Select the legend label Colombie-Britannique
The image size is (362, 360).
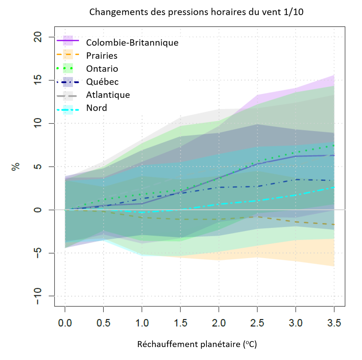[132, 43]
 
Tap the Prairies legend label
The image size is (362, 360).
[102, 55]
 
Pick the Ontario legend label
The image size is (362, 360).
[102, 69]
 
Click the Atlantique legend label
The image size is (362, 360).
[108, 95]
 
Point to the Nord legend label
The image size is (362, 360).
[97, 108]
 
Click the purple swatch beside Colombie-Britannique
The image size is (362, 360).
[68, 40]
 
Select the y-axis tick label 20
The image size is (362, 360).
[39, 37]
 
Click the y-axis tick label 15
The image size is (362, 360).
[39, 80]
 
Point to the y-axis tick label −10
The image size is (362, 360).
[39, 296]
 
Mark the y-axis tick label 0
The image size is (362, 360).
[39, 210]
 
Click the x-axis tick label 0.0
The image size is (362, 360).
[65, 323]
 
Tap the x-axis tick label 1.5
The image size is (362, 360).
[180, 323]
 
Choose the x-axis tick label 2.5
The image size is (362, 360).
[257, 323]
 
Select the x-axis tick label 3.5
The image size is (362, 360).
[334, 323]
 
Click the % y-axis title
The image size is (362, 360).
[15, 167]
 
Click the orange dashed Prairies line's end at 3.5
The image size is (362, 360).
[334, 225]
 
